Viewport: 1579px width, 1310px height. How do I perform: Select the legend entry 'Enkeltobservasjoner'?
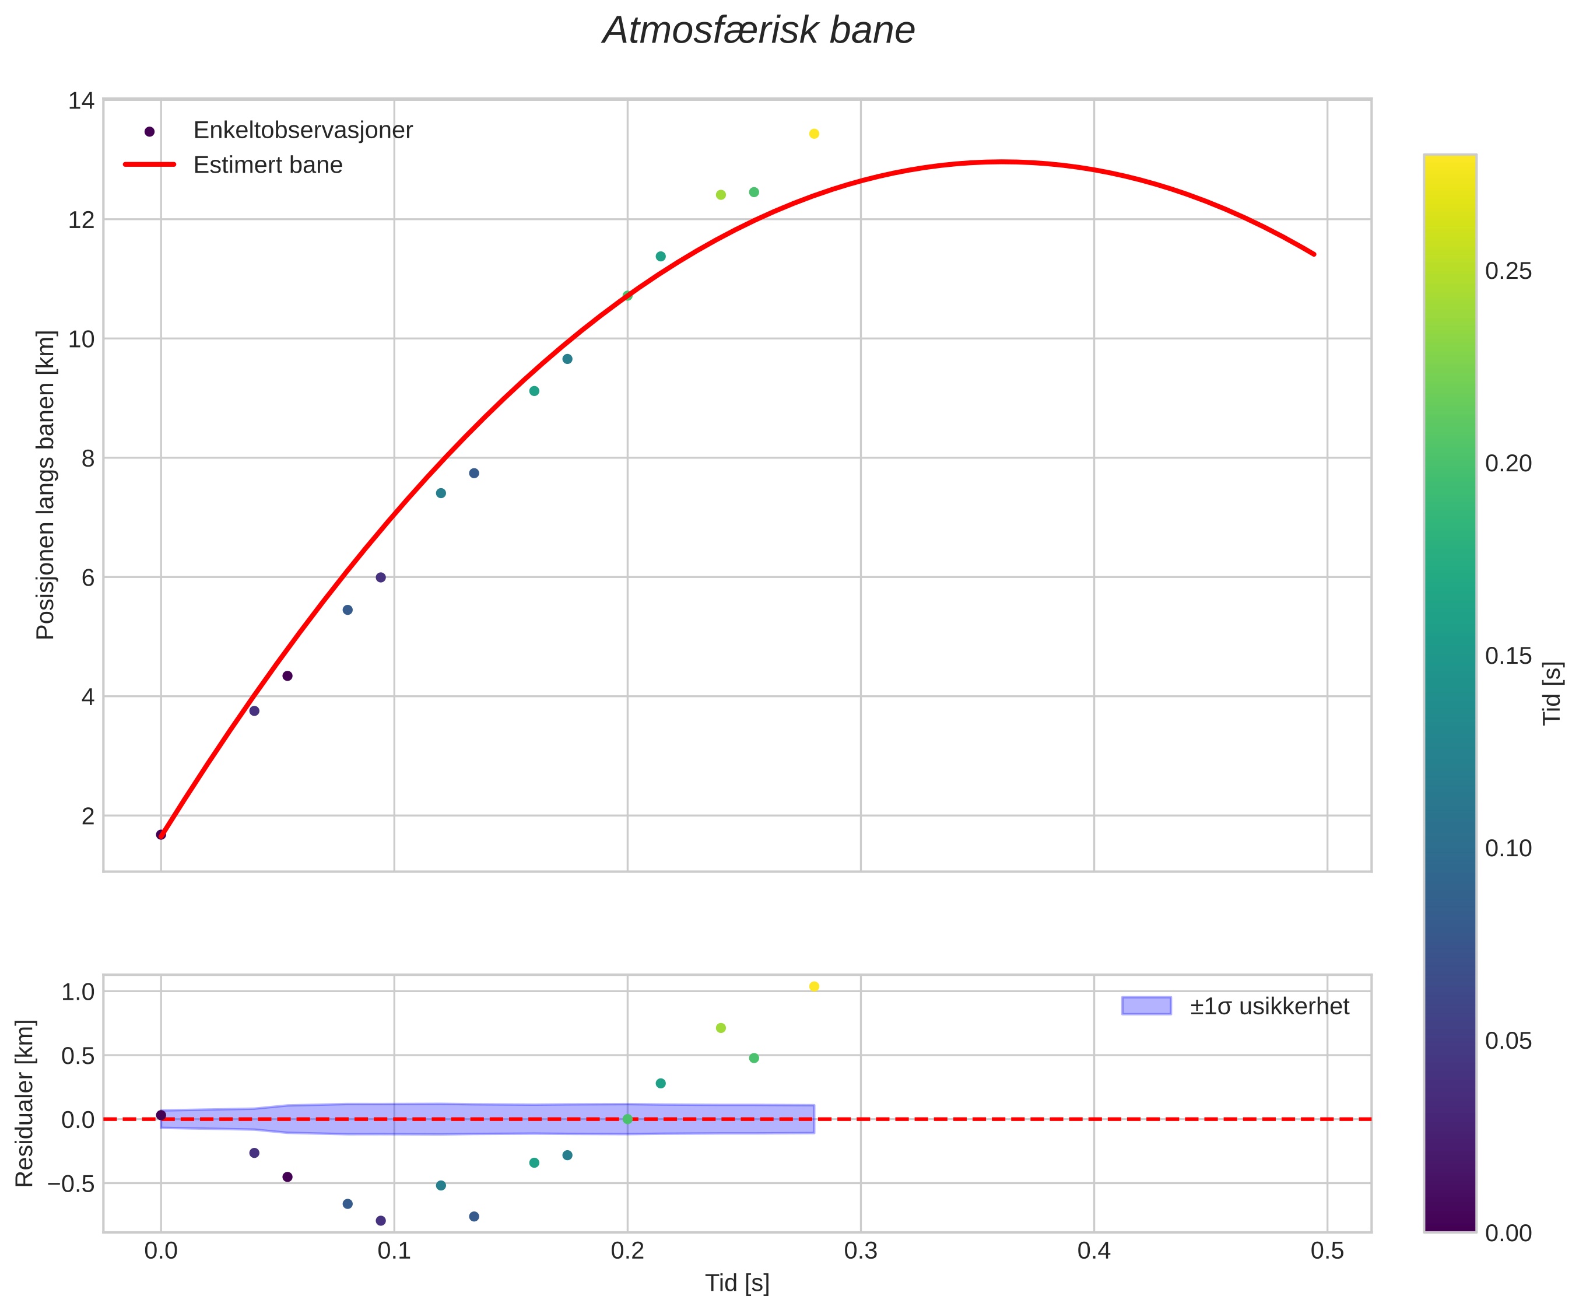coord(302,131)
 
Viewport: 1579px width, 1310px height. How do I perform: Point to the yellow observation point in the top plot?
coord(813,134)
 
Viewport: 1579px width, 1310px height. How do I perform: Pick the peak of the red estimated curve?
coord(1000,162)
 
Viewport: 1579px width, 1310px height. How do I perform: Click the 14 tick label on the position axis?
coord(81,101)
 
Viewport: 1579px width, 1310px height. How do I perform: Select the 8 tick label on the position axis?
coord(88,458)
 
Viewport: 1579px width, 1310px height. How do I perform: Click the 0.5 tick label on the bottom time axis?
coord(1327,1251)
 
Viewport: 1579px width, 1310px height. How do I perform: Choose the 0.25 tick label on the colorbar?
coord(1508,271)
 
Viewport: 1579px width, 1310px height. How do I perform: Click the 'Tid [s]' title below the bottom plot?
coord(737,1284)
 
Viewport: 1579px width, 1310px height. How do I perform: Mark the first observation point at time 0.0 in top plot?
coord(161,835)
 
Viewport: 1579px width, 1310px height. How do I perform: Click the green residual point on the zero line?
coord(627,1119)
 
